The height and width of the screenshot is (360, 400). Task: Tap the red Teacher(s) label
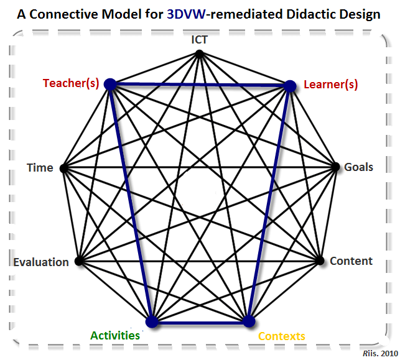pyautogui.click(x=72, y=83)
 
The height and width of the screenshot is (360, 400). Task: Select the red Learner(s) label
pyautogui.click(x=330, y=85)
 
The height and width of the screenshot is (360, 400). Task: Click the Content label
pyautogui.click(x=351, y=261)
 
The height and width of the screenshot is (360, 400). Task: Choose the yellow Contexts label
pyautogui.click(x=281, y=336)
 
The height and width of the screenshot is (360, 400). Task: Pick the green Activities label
pyautogui.click(x=115, y=335)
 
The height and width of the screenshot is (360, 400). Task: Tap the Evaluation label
pyautogui.click(x=41, y=262)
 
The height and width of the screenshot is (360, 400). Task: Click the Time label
pyautogui.click(x=40, y=167)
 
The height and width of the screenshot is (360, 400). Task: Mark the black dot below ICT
pyautogui.click(x=200, y=53)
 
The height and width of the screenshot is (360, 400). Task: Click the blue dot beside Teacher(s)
pyautogui.click(x=110, y=83)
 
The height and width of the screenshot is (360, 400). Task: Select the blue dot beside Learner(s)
pyautogui.click(x=289, y=86)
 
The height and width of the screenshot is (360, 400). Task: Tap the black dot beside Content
pyautogui.click(x=320, y=261)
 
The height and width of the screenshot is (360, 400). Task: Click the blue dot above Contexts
pyautogui.click(x=248, y=321)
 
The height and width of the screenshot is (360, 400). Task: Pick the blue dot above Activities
pyautogui.click(x=151, y=321)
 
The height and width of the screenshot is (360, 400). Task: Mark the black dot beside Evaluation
pyautogui.click(x=78, y=261)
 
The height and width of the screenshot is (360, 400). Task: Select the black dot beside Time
pyautogui.click(x=63, y=167)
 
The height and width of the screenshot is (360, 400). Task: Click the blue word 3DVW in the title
pyautogui.click(x=186, y=14)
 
